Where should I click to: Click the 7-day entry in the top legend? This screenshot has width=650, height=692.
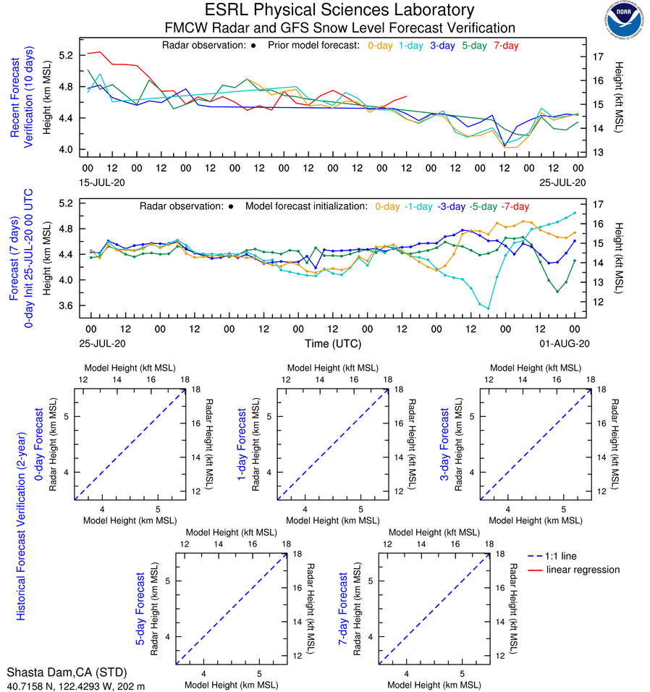[x=506, y=46]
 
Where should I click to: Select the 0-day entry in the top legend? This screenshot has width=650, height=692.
[x=380, y=46]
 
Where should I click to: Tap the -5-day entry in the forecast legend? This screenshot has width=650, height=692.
[x=482, y=206]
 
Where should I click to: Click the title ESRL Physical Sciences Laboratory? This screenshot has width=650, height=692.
[x=339, y=10]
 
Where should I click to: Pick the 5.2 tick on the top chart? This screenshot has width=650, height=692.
[x=67, y=56]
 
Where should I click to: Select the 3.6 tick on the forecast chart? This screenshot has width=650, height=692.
[x=67, y=306]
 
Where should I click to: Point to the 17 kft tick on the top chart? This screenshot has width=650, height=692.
[x=599, y=56]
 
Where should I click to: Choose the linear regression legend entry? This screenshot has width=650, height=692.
[x=583, y=570]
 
